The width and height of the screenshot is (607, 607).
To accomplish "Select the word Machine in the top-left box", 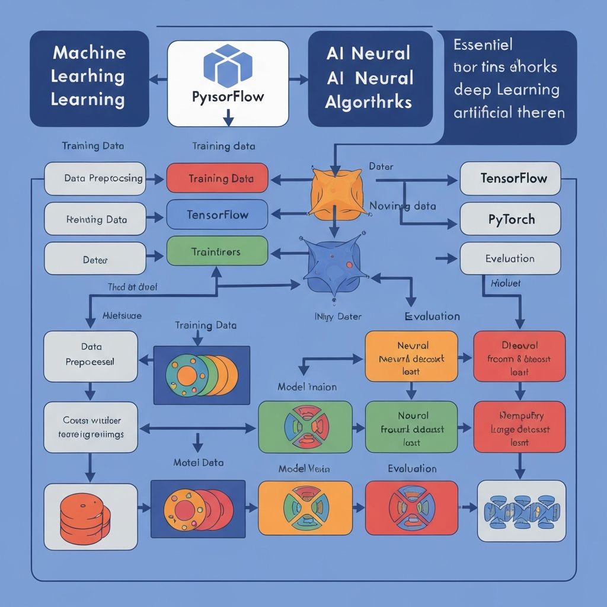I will [89, 52].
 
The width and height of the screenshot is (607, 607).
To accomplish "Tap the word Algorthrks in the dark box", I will [368, 101].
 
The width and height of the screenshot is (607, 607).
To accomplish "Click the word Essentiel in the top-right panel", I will [483, 45].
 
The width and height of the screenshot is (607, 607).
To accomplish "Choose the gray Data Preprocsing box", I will [95, 178].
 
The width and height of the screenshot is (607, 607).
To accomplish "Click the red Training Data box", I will [218, 178].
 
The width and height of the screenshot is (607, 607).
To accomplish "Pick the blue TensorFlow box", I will [218, 215].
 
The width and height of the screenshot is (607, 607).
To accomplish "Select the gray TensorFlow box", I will [510, 178].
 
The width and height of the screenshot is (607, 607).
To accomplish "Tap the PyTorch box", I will [510, 219].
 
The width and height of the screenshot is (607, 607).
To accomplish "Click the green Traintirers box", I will [216, 252].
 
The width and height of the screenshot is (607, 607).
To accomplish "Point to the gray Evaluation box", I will [510, 258].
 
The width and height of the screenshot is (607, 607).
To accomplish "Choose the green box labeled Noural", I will [411, 427].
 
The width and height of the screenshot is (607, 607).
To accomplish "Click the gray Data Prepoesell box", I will [91, 356].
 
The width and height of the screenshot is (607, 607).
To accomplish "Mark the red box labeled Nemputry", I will [519, 427].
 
